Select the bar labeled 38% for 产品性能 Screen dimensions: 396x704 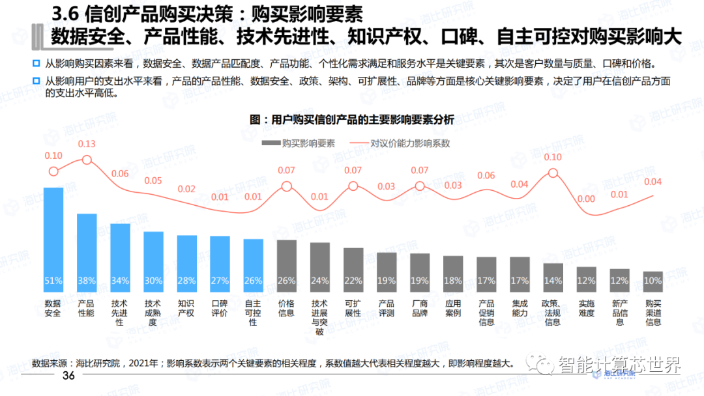(x=87, y=251)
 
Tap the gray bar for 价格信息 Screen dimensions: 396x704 (x=287, y=264)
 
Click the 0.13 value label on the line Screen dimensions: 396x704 (x=87, y=144)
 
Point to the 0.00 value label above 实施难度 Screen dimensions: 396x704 (x=586, y=199)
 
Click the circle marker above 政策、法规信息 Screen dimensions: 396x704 (x=553, y=173)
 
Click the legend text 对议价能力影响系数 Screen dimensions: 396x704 (x=411, y=143)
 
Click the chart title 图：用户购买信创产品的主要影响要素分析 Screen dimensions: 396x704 (x=352, y=120)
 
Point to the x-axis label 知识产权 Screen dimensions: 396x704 (x=186, y=308)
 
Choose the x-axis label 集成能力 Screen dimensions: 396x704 (x=520, y=308)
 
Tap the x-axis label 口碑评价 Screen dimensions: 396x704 (x=220, y=308)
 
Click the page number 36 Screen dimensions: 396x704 (x=68, y=376)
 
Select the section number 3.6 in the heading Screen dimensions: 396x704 (x=65, y=14)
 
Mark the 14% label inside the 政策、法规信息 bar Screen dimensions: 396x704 (x=553, y=281)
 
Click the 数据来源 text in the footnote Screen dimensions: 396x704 (x=51, y=363)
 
